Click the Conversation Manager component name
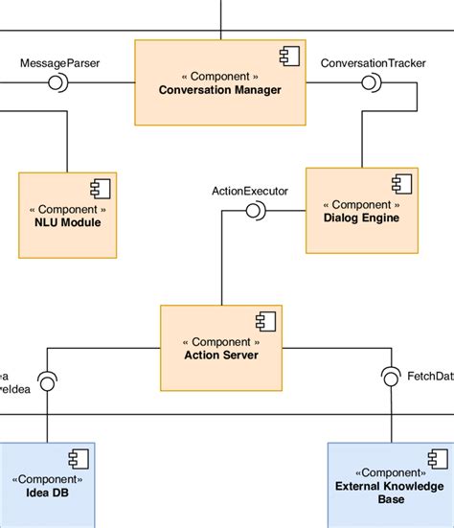pyautogui.click(x=220, y=90)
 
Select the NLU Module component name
pyautogui.click(x=68, y=223)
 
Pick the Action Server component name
pyautogui.click(x=220, y=356)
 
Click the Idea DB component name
pyautogui.click(x=47, y=494)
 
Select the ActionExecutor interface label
pyautogui.click(x=249, y=191)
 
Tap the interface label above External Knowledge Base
pyautogui.click(x=430, y=376)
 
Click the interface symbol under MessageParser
pyautogui.click(x=56, y=84)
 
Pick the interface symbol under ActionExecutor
pyautogui.click(x=254, y=211)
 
